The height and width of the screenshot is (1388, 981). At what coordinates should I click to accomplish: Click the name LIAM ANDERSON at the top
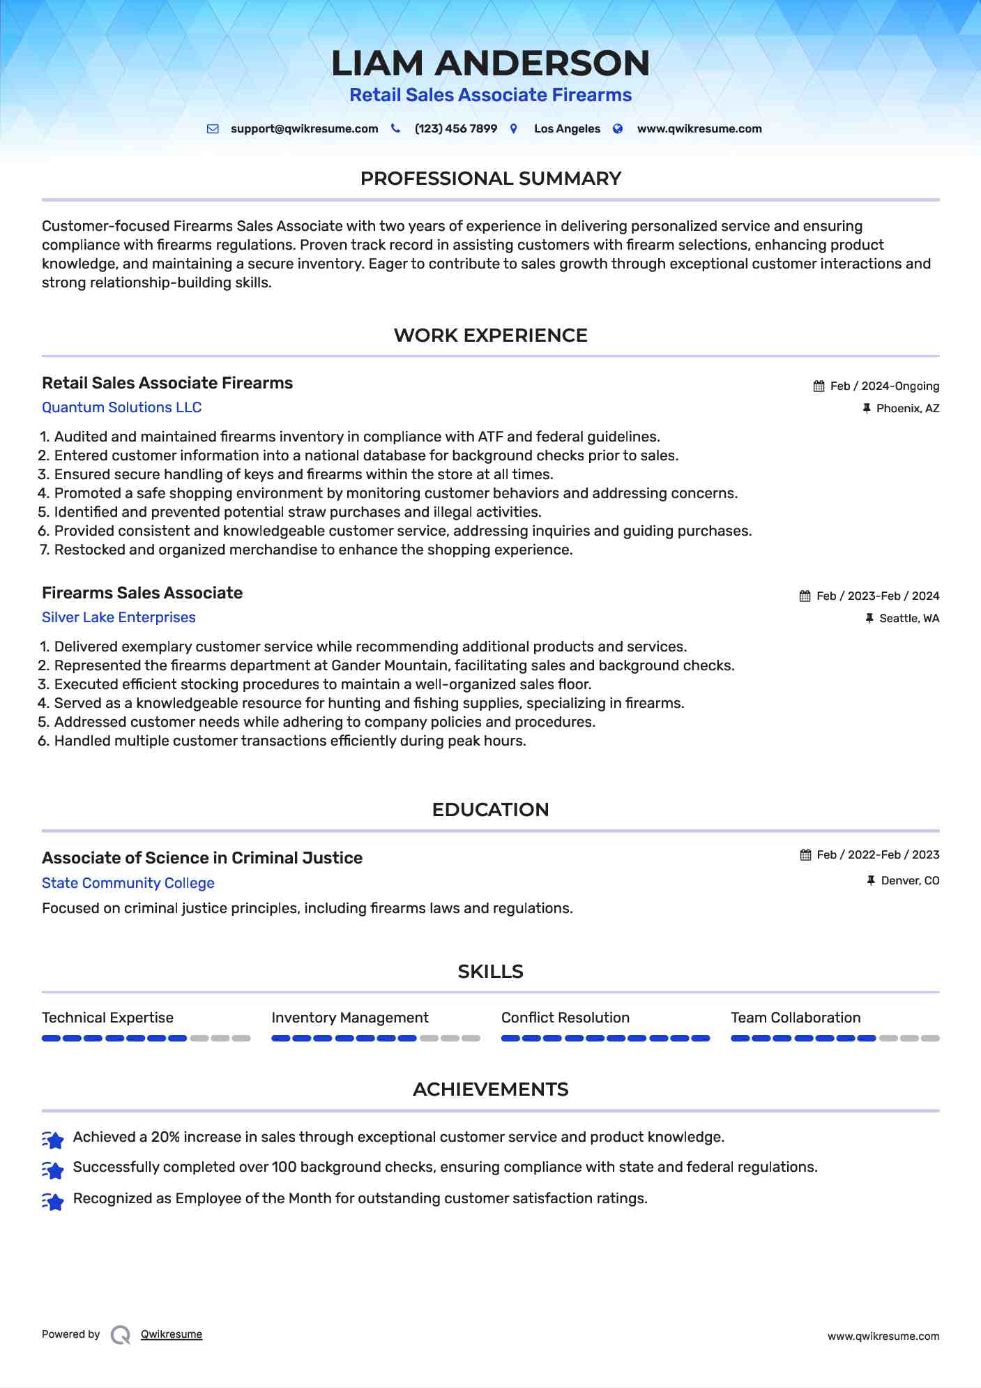coord(490,63)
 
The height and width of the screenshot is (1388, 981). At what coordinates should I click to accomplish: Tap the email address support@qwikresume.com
coord(304,129)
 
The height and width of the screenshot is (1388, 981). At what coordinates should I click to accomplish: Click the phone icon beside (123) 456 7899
coord(395,128)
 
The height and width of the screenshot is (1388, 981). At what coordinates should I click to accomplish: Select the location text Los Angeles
coord(567,129)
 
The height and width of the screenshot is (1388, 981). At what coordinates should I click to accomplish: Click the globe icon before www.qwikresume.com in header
coord(618,128)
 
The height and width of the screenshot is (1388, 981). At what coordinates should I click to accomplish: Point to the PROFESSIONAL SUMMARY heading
coord(490,179)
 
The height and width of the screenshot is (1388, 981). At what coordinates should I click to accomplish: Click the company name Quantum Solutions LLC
coord(122,407)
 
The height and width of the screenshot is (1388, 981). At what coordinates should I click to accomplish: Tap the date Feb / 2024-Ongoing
coord(885,386)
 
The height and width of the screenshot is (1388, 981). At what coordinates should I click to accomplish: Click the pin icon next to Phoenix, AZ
coord(867,408)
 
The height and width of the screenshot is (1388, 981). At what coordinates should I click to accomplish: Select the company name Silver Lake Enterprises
coord(119,617)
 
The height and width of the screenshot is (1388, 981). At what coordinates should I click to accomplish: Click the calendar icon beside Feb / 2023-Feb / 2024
coord(805,596)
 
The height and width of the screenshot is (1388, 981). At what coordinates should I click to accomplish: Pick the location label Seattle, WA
coord(909,619)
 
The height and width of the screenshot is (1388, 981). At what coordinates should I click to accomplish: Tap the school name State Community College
coord(128,883)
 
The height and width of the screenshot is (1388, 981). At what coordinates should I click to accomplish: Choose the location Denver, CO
coord(910,881)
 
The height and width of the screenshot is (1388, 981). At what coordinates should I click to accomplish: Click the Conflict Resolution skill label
coord(565,1018)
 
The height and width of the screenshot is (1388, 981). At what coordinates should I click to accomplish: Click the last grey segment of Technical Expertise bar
coord(241,1039)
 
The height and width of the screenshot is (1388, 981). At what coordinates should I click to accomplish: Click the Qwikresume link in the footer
coord(172,1334)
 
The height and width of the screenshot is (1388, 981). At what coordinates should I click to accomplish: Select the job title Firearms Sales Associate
coord(142,593)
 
